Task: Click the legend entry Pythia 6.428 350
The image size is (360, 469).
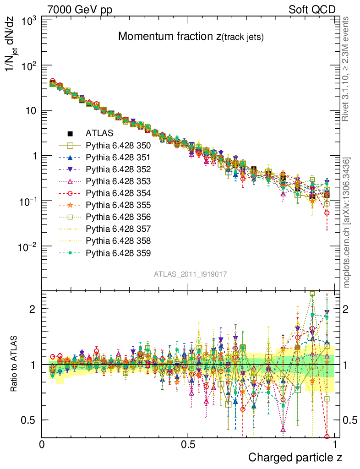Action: (118, 146)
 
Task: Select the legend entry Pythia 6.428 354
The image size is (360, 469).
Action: (118, 193)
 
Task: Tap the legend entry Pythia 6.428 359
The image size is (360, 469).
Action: (118, 253)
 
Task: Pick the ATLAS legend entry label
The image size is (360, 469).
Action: (96, 134)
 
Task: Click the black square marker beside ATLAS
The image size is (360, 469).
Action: (71, 134)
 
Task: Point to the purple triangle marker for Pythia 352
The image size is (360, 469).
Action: (71, 169)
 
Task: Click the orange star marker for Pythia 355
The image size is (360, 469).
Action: (71, 205)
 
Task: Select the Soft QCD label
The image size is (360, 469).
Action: (312, 10)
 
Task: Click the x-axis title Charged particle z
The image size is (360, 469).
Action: (295, 457)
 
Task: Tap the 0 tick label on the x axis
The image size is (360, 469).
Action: (42, 445)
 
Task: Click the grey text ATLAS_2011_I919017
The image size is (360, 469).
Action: (191, 274)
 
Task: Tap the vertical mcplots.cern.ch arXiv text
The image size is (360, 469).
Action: (347, 223)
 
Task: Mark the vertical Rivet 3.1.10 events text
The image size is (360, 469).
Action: (347, 69)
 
